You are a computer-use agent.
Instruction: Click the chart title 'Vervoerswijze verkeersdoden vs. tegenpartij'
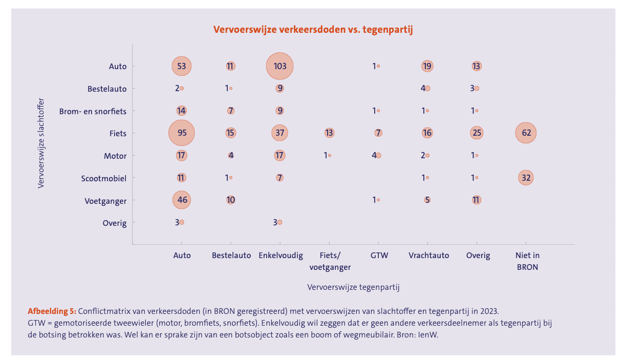point(313,30)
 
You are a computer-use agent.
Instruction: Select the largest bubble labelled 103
point(279,66)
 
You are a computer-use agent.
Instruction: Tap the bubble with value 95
point(182,133)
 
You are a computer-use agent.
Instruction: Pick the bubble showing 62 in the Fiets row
point(526,133)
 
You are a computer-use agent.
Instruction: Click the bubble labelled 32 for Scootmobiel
point(526,178)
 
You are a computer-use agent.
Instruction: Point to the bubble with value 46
point(182,200)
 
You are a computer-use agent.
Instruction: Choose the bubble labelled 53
point(182,66)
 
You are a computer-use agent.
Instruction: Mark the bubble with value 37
point(279,133)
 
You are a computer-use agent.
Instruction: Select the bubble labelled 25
point(477,133)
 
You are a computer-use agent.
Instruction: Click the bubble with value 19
point(427,66)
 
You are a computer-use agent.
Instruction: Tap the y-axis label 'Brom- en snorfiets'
point(93,111)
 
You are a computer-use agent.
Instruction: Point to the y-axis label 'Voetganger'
point(105,201)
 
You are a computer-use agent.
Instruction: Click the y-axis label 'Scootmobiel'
point(103,178)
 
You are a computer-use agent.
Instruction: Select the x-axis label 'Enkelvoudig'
point(281,255)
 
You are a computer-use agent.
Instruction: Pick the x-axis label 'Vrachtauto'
point(429,255)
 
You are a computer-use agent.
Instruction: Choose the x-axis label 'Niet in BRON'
point(527,261)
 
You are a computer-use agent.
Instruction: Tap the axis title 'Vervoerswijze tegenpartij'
point(353,287)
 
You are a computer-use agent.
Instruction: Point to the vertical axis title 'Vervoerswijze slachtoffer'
point(41,143)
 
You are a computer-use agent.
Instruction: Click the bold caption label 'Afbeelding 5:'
point(52,311)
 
